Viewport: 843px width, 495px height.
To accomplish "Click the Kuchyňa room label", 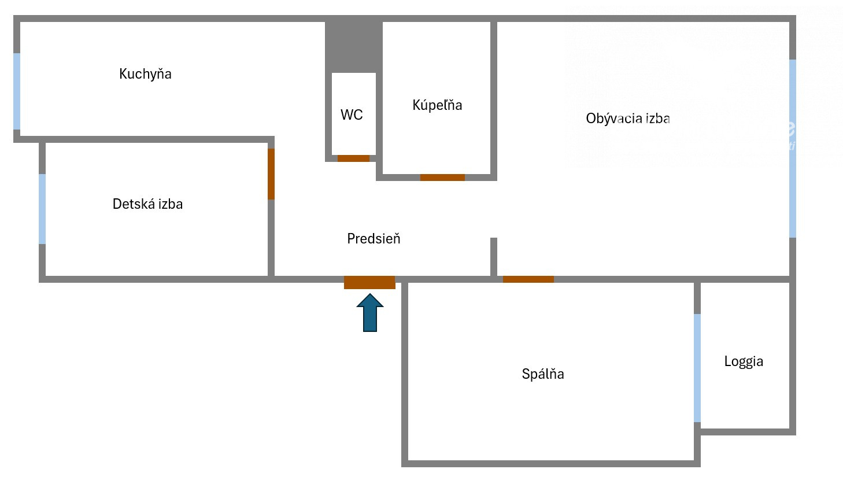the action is [145, 74].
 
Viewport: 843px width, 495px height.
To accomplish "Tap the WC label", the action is [352, 115].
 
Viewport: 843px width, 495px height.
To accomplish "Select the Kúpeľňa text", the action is [437, 105].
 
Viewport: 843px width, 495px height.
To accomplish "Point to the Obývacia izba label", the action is [628, 119].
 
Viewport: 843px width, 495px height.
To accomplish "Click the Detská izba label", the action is [147, 204].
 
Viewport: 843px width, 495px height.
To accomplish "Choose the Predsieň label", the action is [374, 239].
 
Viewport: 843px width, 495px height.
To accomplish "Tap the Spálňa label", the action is [543, 374].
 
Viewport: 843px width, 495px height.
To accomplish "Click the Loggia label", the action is [744, 362].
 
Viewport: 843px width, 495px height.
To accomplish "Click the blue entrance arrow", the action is [370, 313].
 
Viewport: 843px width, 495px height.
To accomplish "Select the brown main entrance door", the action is [369, 282].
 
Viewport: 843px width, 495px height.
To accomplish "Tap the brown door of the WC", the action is [353, 158].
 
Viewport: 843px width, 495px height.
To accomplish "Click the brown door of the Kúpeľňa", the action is [442, 178].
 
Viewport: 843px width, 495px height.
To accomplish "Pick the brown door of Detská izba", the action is [271, 174].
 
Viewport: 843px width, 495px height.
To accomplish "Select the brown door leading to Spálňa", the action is [528, 279].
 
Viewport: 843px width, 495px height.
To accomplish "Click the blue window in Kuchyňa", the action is [17, 91].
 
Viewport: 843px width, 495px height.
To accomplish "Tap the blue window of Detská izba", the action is [42, 209].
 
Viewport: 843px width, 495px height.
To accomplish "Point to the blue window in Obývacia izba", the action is [793, 149].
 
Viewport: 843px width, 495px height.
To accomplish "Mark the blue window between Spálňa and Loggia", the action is [697, 368].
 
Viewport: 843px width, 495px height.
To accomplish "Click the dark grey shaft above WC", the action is [354, 47].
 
